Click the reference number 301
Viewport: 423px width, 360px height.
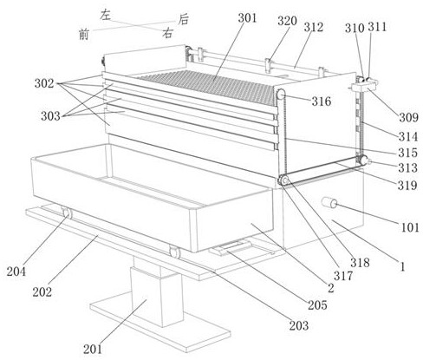[x=247, y=18]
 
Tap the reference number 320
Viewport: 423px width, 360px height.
[x=287, y=21]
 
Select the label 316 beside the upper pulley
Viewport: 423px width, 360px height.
[x=321, y=101]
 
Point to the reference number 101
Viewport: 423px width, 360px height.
[x=410, y=227]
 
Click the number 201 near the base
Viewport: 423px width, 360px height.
[x=93, y=349]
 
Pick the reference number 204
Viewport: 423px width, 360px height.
[x=16, y=272]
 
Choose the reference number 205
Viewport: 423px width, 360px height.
[x=317, y=305]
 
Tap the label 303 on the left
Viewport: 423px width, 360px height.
[x=50, y=116]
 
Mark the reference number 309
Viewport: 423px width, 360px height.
[x=408, y=117]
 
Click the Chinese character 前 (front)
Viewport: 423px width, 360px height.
[x=84, y=35]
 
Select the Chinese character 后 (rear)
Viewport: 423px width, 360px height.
[x=183, y=20]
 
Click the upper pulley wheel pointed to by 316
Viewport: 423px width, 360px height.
[x=281, y=95]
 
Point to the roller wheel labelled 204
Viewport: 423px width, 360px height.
[x=67, y=213]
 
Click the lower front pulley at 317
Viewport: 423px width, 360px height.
[x=283, y=180]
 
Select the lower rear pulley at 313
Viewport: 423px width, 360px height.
[x=362, y=160]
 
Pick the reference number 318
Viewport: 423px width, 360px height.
[x=360, y=262]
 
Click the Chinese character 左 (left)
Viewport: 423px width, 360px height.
[x=105, y=15]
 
